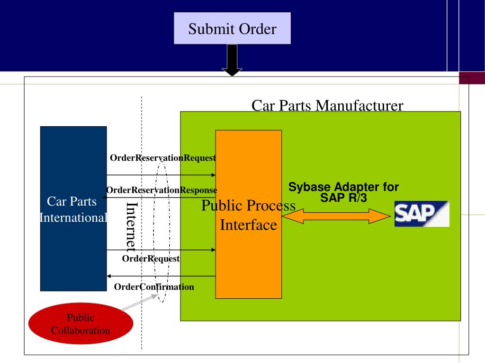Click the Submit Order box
[232, 28]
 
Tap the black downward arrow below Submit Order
[232, 60]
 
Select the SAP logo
[422, 214]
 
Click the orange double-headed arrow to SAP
[336, 216]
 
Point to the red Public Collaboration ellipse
[81, 323]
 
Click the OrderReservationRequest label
[163, 158]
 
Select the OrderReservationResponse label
[162, 190]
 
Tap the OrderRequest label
[151, 259]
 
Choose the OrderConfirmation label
[154, 287]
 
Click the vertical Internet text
[132, 227]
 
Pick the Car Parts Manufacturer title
[327, 105]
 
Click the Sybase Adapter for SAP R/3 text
[343, 192]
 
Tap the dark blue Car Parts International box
[73, 208]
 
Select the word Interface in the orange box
[248, 225]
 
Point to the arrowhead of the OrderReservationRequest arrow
[214, 175]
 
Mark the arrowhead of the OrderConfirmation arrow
[109, 276]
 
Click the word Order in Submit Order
[258, 29]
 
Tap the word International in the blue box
[73, 217]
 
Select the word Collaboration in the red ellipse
[81, 330]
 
